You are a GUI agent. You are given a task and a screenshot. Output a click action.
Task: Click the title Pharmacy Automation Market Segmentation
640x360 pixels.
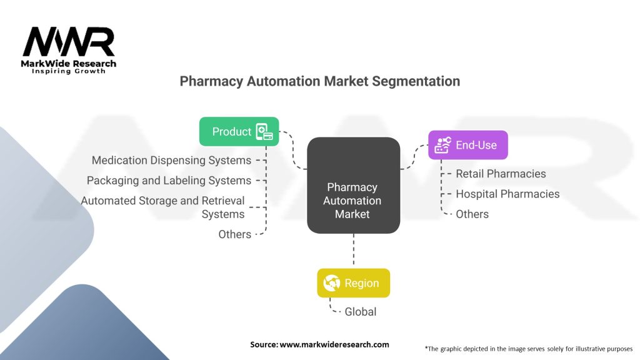(319, 81)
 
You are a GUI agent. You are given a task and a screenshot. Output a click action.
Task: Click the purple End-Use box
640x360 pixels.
(467, 145)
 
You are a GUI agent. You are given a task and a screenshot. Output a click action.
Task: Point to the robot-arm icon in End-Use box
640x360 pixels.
(442, 145)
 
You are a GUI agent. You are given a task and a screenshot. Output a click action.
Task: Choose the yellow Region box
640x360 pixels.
(353, 283)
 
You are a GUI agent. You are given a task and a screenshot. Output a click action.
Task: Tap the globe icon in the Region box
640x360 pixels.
(332, 283)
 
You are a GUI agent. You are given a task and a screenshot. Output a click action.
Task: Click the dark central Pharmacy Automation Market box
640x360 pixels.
(353, 186)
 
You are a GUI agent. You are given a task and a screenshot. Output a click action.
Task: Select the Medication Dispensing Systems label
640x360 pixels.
(171, 161)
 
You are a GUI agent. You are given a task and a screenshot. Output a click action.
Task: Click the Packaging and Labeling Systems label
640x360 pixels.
(169, 181)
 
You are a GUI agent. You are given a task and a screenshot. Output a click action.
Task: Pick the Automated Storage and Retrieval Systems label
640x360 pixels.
(163, 207)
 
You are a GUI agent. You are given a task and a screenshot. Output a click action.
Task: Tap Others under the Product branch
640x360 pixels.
(234, 234)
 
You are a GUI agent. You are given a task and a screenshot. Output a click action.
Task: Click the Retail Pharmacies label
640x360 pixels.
(501, 174)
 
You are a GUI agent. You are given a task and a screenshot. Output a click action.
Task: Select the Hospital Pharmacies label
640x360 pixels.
(507, 194)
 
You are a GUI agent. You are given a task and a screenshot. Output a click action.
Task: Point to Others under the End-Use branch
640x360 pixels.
(472, 214)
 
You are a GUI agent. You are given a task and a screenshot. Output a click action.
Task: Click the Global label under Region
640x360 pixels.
(361, 311)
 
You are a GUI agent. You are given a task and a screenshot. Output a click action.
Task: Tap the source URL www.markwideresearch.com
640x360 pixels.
(334, 344)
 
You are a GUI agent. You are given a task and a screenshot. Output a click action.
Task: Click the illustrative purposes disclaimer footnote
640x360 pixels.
(528, 348)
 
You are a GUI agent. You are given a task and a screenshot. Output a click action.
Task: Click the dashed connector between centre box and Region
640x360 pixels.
(353, 251)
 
